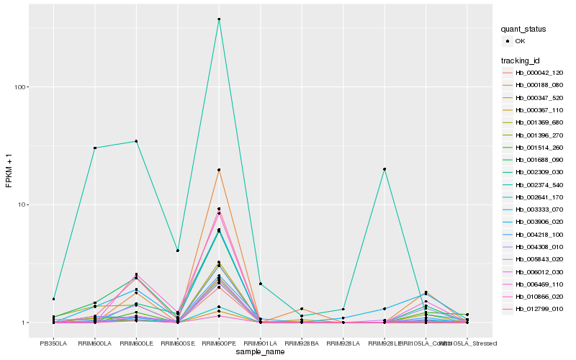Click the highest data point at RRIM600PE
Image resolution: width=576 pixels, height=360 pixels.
coord(219,19)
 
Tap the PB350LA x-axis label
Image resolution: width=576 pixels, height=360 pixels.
coord(53,344)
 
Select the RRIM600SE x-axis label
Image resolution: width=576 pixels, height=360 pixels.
coord(177,344)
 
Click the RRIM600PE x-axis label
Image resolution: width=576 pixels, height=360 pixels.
coord(219,344)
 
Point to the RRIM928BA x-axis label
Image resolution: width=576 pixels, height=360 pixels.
coord(302,344)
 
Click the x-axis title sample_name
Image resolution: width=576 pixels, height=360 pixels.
coord(260,353)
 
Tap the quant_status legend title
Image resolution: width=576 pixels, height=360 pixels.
coord(523,30)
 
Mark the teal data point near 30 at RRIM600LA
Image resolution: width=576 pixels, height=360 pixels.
coord(95,148)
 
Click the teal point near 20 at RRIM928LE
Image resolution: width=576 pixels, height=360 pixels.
coord(384,169)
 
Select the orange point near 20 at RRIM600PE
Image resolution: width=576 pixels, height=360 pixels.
coord(219,170)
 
